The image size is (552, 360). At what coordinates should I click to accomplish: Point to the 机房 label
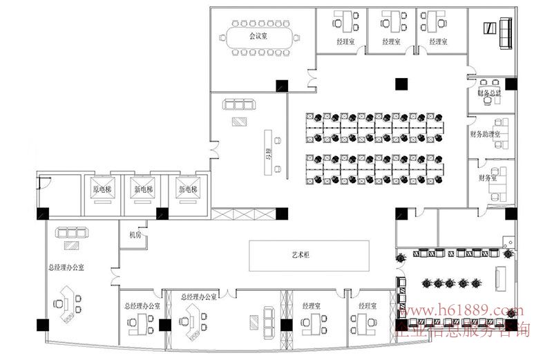pyautogui.click(x=134, y=235)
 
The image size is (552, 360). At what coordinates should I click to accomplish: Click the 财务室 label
pyautogui.click(x=487, y=178)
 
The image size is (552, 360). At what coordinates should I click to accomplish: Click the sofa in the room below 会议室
pyautogui.click(x=239, y=105)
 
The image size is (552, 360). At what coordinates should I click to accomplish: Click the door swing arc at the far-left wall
pyautogui.click(x=43, y=183)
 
